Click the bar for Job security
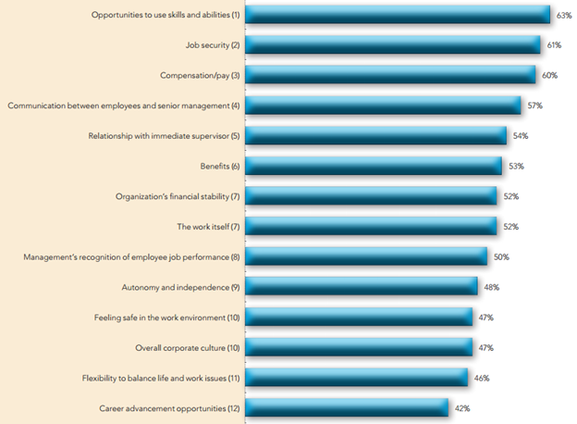coord(393,44)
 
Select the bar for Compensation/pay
coord(390,75)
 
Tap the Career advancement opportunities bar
coord(347,407)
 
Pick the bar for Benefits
coord(374,166)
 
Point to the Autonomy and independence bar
coord(362,287)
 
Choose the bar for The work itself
coord(371,226)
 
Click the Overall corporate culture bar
coord(359,347)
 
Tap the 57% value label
coord(534,106)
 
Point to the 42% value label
coord(462,407)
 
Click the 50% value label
coord(500,256)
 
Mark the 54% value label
coord(520,136)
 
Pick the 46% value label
coord(481,378)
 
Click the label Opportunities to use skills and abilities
coord(166,15)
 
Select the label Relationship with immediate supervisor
coord(164,136)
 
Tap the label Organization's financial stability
coord(178,196)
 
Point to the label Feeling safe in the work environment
coord(166,318)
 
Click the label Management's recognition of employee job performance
coord(131,256)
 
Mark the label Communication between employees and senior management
coord(123,106)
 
